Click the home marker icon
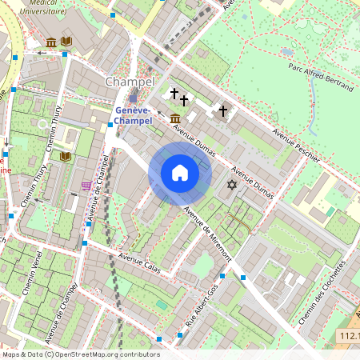[x=180, y=173]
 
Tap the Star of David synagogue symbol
[x=233, y=186]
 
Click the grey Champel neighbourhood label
[x=127, y=82]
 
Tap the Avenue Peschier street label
[x=296, y=142]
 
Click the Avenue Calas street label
[x=140, y=264]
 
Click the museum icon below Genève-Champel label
[x=175, y=119]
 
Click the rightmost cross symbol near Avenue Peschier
[x=223, y=111]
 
